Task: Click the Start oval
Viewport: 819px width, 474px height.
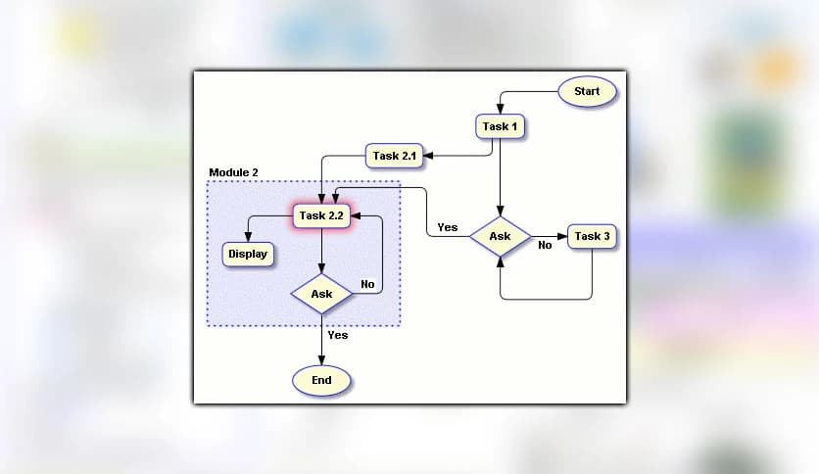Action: [587, 92]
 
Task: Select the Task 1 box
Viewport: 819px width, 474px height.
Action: [501, 126]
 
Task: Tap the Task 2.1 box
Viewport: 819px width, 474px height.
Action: [396, 155]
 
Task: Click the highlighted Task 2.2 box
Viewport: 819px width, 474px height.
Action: [322, 216]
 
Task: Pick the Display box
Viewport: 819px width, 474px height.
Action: [248, 255]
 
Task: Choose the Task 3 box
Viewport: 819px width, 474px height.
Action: [593, 237]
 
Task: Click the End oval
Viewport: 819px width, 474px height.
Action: [321, 380]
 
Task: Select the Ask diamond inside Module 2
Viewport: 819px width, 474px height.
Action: [321, 294]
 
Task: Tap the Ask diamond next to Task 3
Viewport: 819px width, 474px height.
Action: [500, 237]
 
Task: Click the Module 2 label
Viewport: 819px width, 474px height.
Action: [233, 172]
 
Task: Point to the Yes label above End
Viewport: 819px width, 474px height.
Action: [338, 335]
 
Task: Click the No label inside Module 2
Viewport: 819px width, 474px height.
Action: [367, 285]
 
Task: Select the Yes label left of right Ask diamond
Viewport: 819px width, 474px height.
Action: [448, 227]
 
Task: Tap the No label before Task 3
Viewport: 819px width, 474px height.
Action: [545, 246]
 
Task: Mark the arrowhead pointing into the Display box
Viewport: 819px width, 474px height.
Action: [248, 238]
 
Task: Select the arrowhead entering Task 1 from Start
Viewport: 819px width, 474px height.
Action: [501, 111]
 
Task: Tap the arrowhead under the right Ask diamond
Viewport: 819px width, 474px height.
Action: [500, 263]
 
